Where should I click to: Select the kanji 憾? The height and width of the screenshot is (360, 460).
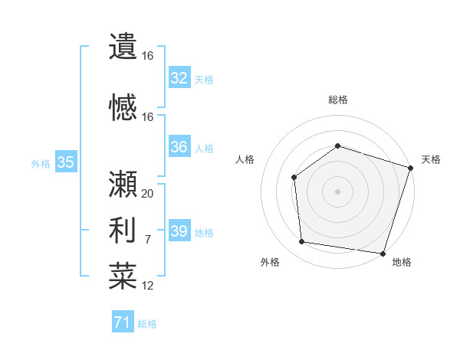[x=123, y=107]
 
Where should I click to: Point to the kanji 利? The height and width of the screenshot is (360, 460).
[x=123, y=229]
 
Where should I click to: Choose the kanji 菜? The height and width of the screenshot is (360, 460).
[x=123, y=276]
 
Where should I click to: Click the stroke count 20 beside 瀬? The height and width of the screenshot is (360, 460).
[x=148, y=194]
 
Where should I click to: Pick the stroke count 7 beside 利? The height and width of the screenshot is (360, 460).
[x=148, y=240]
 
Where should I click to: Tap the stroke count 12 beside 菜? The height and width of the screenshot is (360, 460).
[x=148, y=286]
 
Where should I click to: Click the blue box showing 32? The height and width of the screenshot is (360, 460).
[x=179, y=77]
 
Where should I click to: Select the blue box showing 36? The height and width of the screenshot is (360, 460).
[x=179, y=147]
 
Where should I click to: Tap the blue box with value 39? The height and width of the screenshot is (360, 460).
[x=179, y=231]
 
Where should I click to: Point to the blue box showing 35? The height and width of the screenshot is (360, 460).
[x=66, y=162]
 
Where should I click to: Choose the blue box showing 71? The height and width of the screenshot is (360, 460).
[x=123, y=323]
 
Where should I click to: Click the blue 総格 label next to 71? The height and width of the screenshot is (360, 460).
[x=147, y=324]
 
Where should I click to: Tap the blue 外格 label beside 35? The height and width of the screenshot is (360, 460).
[x=41, y=163]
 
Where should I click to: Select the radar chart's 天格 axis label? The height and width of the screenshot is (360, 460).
[x=431, y=159]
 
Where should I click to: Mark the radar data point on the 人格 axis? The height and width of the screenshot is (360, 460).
[x=294, y=178]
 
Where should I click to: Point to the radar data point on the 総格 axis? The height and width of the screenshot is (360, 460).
[x=338, y=146]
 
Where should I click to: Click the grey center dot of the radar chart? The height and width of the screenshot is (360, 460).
[x=338, y=191]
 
